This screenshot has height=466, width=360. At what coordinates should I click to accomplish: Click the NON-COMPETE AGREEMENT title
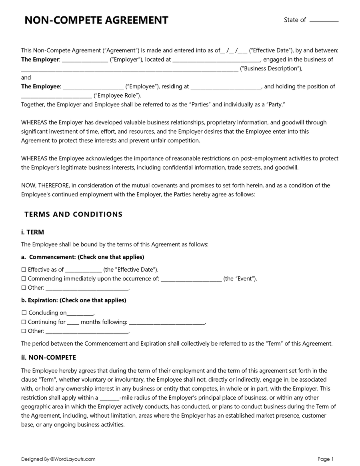[96, 20]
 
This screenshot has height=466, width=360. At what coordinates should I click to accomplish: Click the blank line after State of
[324, 21]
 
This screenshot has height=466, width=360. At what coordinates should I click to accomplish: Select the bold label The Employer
[40, 60]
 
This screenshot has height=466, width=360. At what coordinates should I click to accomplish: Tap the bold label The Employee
[40, 86]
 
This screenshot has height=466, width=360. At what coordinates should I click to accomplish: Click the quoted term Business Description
[271, 68]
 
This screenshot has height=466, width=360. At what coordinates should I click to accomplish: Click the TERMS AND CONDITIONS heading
[73, 214]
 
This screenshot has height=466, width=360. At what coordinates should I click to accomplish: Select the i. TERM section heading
[32, 232]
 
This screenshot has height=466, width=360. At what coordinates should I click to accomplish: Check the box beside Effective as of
[24, 270]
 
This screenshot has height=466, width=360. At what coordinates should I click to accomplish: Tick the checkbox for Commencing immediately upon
[24, 279]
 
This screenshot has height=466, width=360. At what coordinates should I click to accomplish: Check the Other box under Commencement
[24, 288]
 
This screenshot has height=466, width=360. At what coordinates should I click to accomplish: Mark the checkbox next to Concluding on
[24, 313]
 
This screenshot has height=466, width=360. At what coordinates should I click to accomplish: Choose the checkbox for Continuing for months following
[24, 322]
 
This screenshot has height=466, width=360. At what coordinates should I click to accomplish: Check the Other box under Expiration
[24, 331]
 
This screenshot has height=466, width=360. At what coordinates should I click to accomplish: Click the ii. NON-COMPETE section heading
[48, 358]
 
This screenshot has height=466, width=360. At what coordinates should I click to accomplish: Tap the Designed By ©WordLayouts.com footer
[58, 459]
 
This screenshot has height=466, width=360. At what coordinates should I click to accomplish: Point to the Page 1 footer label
[326, 459]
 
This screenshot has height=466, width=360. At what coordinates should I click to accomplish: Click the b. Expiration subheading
[74, 300]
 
